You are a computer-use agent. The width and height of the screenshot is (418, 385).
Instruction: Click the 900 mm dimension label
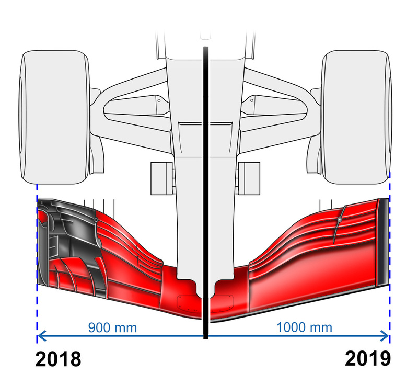tap(112, 327)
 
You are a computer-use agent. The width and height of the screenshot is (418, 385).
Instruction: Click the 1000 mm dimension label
tap(304, 327)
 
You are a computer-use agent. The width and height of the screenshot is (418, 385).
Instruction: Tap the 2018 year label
tap(58, 359)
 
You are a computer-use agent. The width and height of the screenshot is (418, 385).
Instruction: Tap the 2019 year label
tap(368, 359)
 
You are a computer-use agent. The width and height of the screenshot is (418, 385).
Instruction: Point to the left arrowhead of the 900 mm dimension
tap(41, 336)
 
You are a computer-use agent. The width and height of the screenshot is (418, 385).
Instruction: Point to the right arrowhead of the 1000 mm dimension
tap(385, 336)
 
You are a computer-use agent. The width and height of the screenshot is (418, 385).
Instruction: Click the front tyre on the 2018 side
tap(55, 117)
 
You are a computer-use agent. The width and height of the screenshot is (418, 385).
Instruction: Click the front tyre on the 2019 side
tap(357, 117)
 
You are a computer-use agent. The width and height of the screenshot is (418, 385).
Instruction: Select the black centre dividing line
tap(205, 192)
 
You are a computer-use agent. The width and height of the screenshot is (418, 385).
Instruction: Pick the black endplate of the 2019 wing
tap(383, 242)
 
